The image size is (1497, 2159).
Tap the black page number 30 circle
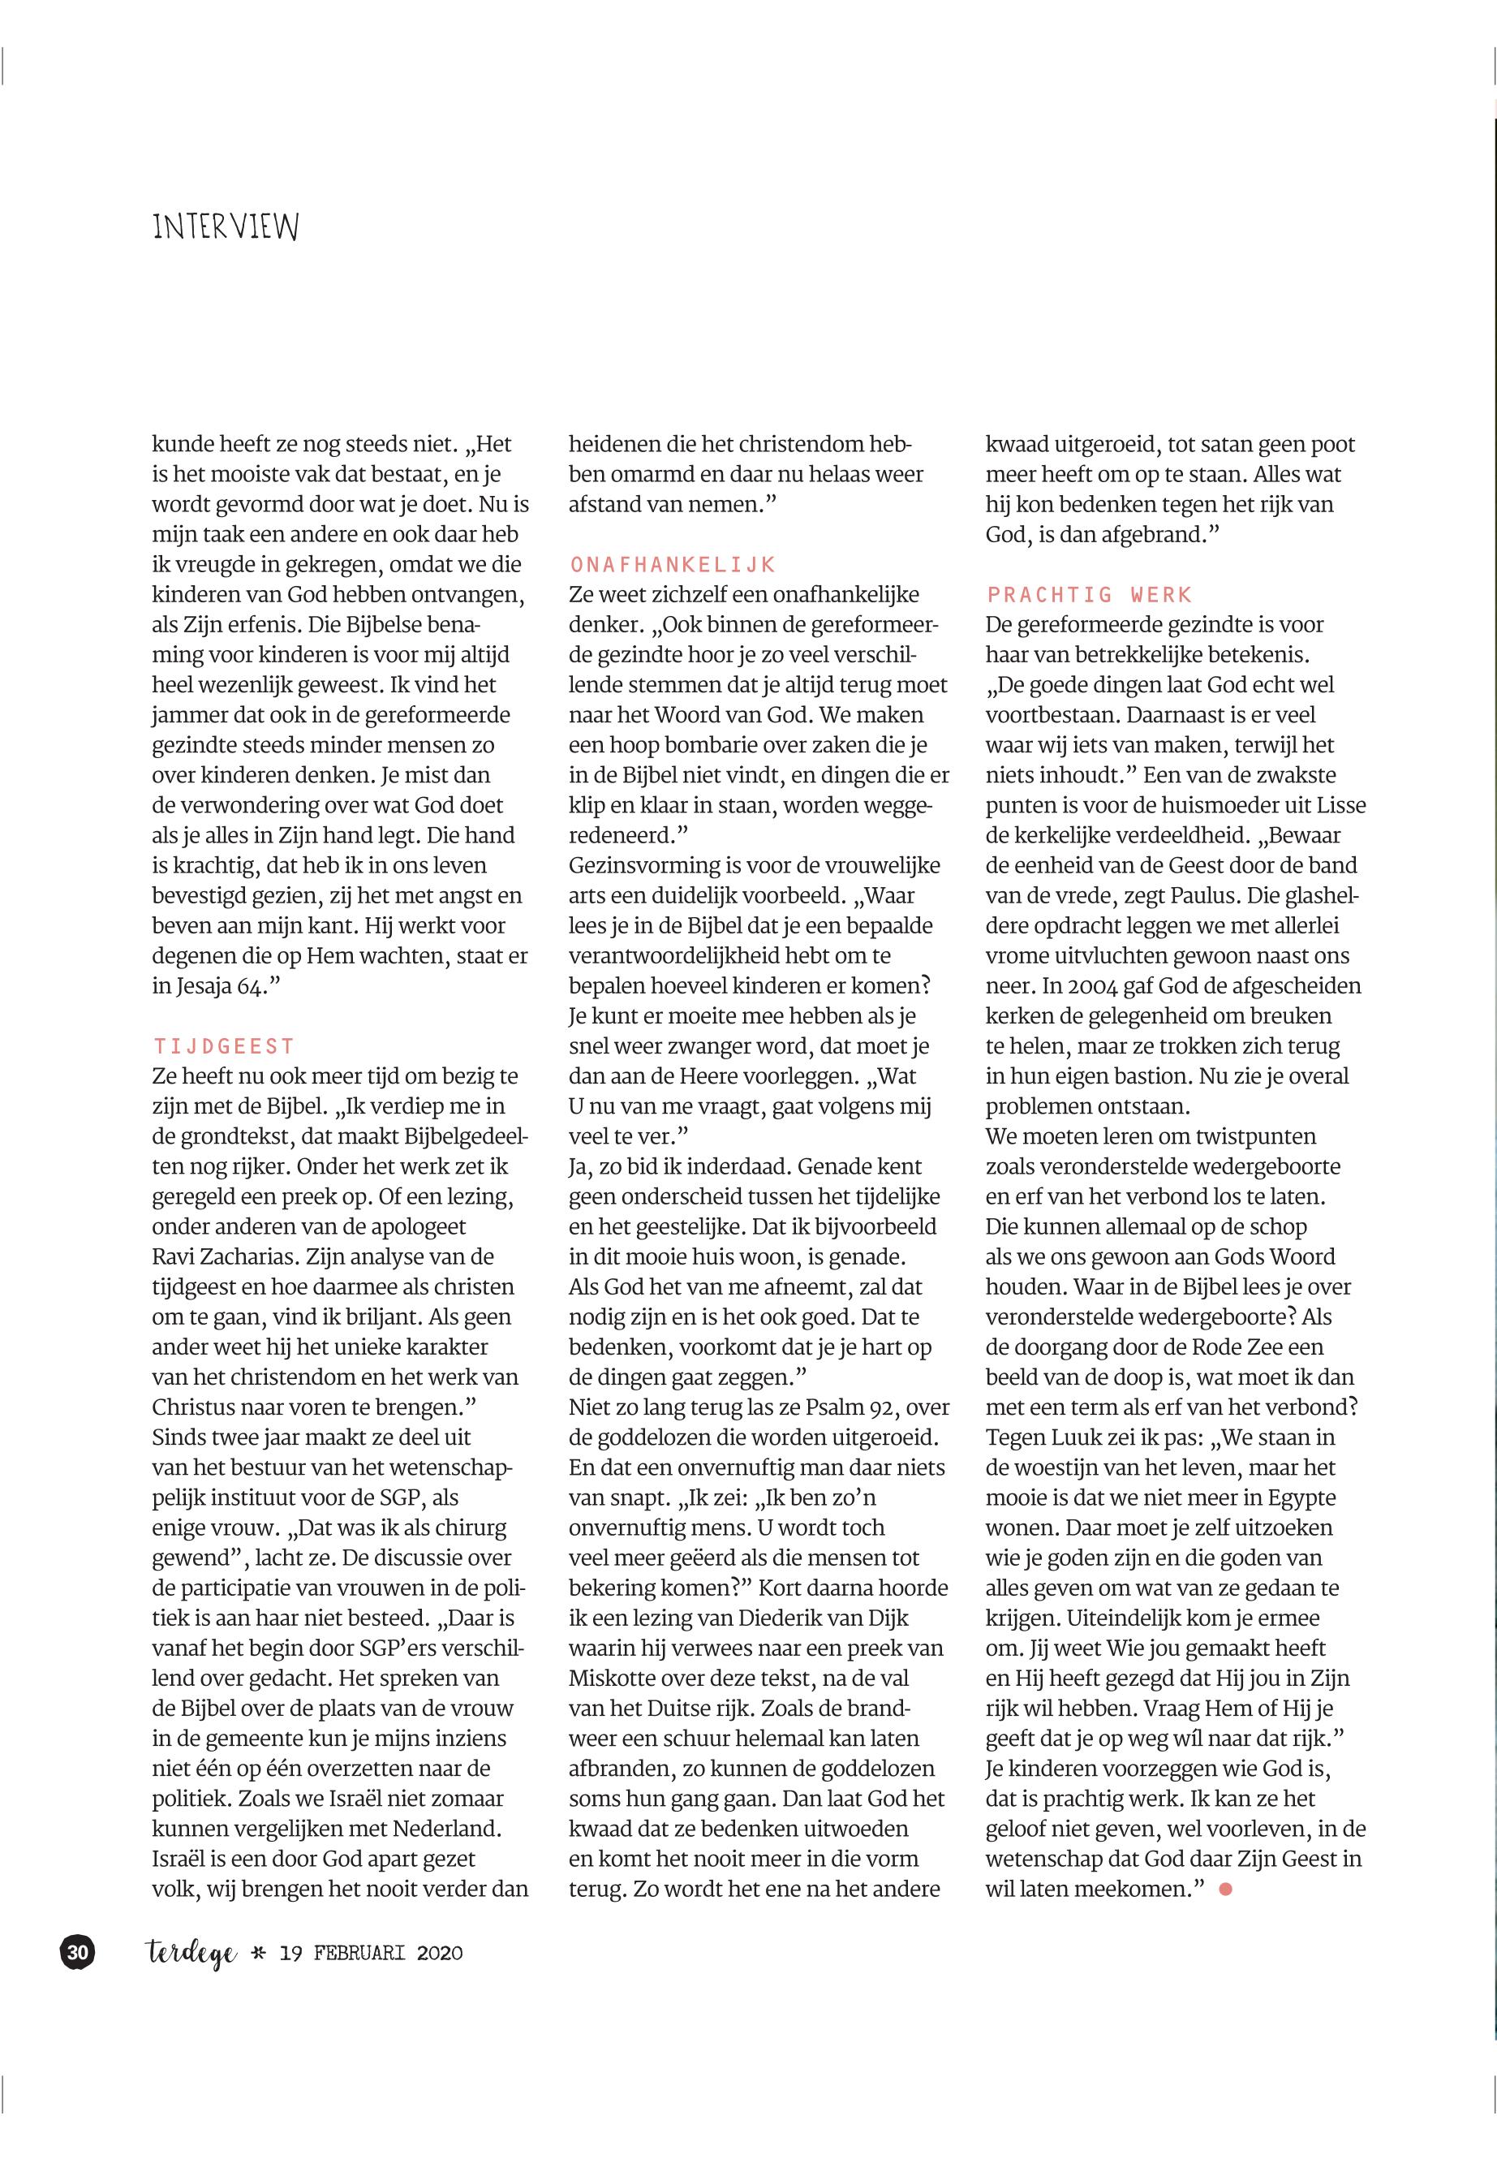(79, 1953)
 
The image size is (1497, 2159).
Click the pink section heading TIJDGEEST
(223, 1046)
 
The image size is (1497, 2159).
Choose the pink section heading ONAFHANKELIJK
(673, 564)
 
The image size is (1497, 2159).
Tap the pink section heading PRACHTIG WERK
(1089, 594)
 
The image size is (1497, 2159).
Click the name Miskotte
(614, 1679)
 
